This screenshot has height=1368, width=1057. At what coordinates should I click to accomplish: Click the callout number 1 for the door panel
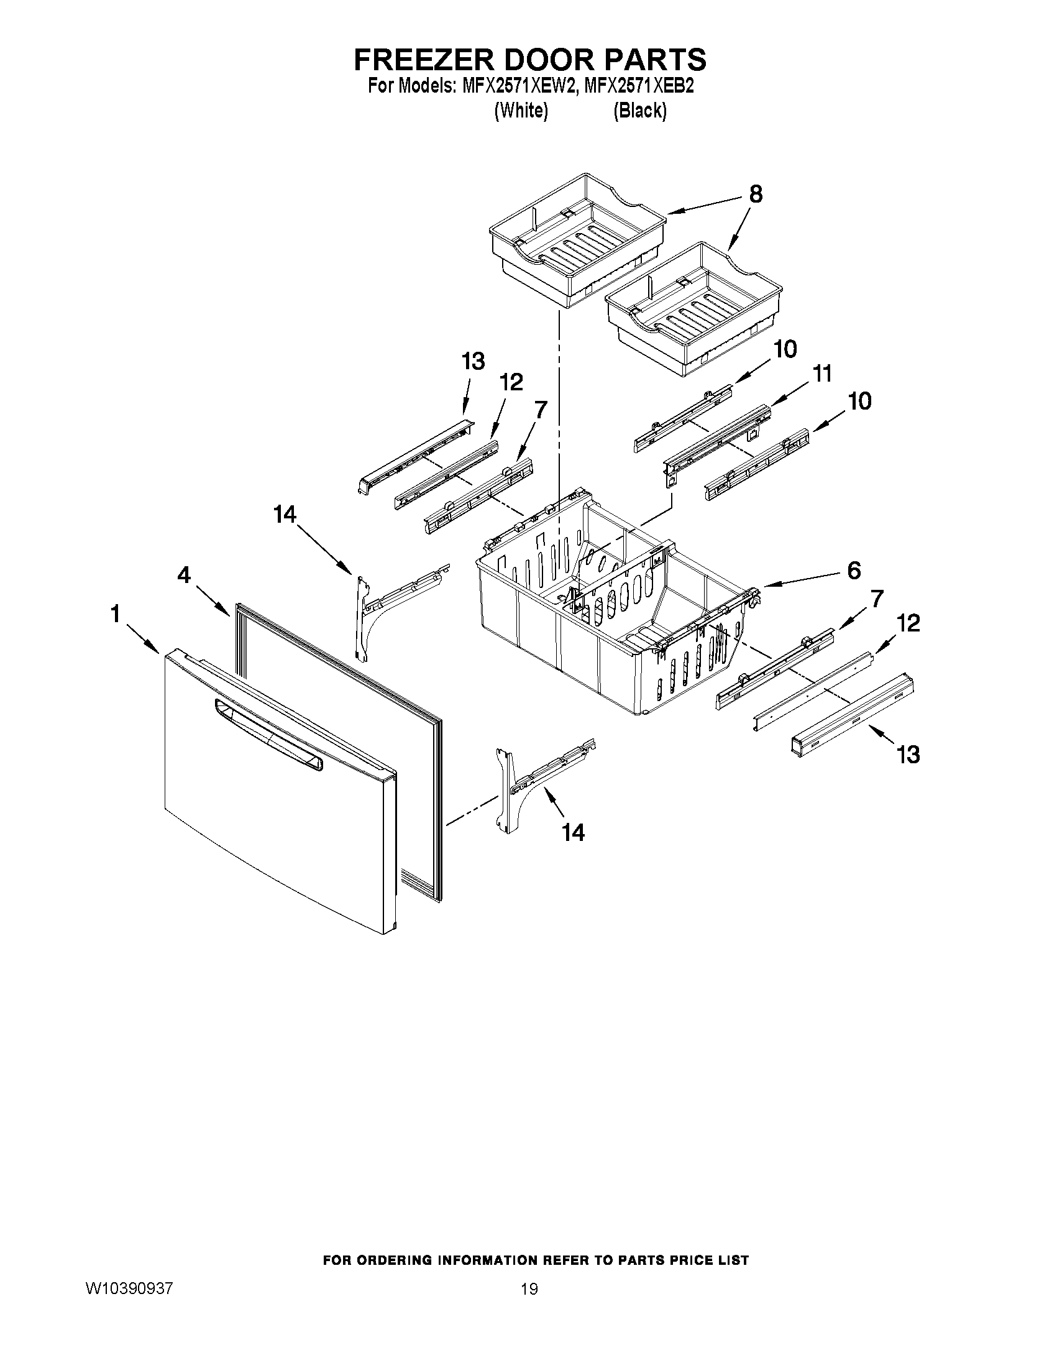coord(114,615)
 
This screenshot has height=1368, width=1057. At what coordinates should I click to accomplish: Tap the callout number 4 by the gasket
coord(183,574)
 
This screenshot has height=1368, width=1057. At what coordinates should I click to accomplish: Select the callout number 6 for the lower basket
coord(853,570)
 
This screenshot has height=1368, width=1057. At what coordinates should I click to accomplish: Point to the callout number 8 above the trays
coord(756,195)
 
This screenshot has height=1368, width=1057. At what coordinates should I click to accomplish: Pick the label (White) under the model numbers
coord(521,111)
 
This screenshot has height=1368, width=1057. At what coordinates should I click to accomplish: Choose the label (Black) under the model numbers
coord(639,111)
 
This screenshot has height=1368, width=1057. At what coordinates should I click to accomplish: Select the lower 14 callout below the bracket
coord(573,832)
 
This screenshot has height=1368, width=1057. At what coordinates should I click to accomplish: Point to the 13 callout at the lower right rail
coord(908,755)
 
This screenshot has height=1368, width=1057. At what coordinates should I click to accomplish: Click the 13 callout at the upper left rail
coord(473,361)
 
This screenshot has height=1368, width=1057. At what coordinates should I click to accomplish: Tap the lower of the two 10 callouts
coord(860,401)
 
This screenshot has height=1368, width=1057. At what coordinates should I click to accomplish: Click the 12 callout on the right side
coord(908,623)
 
